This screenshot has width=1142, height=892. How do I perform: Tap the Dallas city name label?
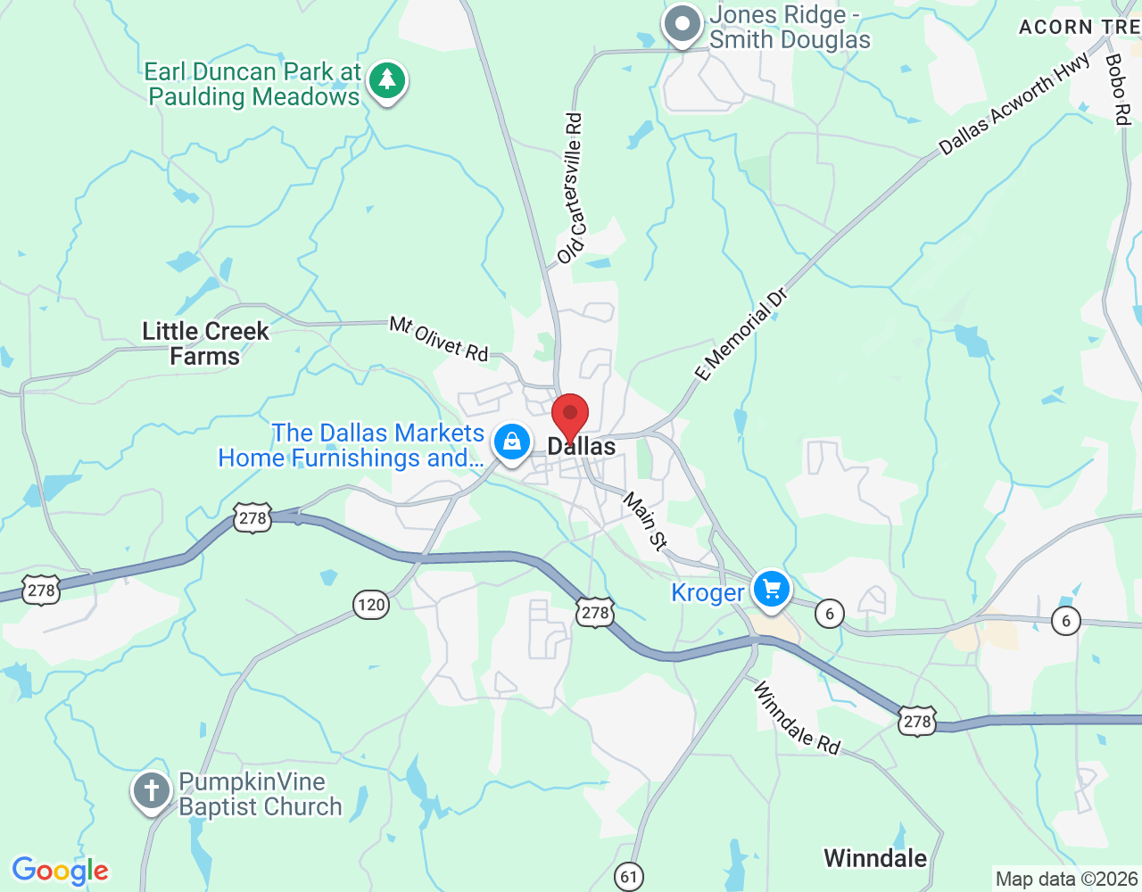(x=582, y=447)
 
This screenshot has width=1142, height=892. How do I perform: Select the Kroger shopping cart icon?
(x=772, y=590)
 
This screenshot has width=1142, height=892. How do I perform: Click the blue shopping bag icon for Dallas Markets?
(x=512, y=442)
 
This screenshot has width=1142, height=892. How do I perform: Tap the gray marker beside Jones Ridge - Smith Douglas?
(x=683, y=26)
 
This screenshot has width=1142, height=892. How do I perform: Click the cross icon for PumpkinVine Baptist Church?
(x=152, y=790)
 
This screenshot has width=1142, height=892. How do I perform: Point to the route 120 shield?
(x=370, y=605)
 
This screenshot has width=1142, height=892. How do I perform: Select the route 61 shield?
(x=629, y=876)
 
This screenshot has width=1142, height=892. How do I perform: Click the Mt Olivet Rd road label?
(x=439, y=339)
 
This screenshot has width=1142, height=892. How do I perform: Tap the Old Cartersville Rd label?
(x=571, y=188)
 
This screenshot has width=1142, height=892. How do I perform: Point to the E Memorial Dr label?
(x=741, y=334)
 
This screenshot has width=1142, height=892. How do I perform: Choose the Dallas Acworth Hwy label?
(x=1014, y=104)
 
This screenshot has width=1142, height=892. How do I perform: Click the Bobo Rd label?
(x=1117, y=88)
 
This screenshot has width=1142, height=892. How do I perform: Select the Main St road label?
(x=645, y=521)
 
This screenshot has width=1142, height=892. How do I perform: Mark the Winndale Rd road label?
(x=797, y=718)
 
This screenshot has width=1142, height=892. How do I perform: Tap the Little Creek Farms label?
(x=205, y=343)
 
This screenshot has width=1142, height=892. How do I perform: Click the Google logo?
(x=61, y=871)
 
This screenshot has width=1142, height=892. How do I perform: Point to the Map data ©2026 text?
(x=1067, y=879)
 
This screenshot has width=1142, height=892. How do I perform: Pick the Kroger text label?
(x=708, y=593)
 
